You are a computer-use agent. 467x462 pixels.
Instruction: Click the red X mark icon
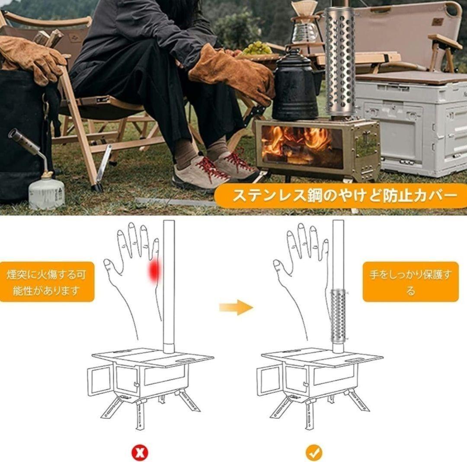[x=140, y=453]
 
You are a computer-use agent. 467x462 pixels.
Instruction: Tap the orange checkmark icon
[x=313, y=453]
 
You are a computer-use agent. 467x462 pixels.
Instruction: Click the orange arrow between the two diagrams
[x=236, y=307]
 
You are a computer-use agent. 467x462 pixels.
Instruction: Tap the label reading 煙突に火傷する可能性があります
[x=47, y=282]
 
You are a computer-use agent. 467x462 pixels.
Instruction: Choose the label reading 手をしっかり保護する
[x=410, y=282]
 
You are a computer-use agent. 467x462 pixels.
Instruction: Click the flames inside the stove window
[x=301, y=142]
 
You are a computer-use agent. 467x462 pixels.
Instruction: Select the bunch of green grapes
[x=258, y=48]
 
